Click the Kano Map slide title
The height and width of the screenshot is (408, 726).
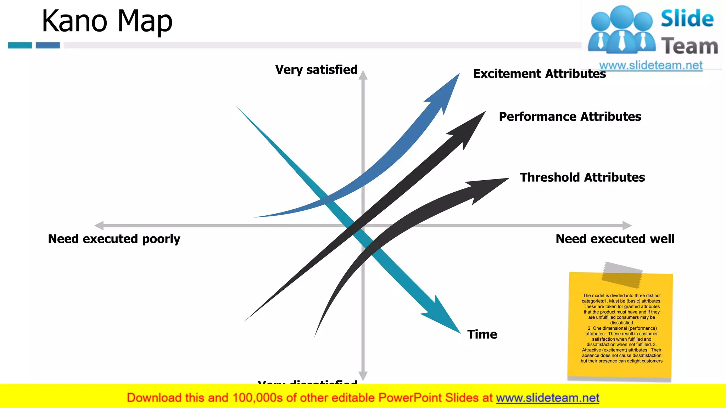[107, 21]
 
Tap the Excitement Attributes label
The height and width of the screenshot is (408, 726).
[539, 74]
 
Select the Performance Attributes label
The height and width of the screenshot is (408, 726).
[570, 117]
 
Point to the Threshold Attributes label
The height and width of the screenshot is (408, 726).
[582, 177]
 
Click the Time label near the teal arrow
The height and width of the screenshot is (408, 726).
[482, 334]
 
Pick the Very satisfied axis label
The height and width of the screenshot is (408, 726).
[316, 69]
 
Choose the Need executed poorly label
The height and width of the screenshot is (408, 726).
[114, 239]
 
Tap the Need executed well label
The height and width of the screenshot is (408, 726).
[615, 239]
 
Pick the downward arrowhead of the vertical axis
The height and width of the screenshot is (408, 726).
[363, 376]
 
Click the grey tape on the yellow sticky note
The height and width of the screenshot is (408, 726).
[622, 274]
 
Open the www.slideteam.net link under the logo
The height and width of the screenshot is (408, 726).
[650, 66]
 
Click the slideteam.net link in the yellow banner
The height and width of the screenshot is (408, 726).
[547, 398]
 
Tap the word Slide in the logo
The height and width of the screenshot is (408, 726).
[687, 18]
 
